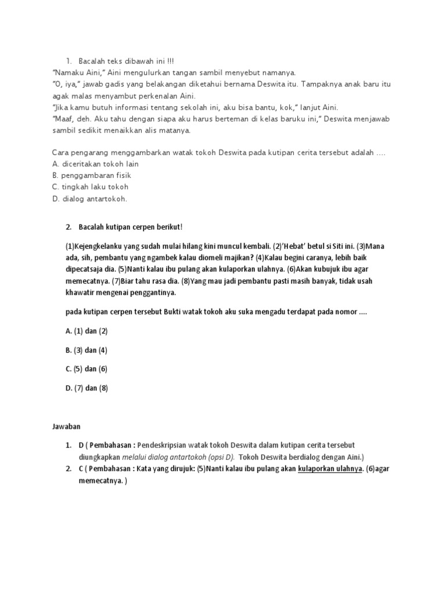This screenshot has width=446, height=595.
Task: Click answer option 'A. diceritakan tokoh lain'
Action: [x=95, y=164]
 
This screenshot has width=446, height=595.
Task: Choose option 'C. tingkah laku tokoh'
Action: [x=90, y=187]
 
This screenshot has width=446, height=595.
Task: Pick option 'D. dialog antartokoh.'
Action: [x=89, y=199]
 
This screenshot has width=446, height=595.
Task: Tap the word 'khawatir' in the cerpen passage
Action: [x=81, y=293]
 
